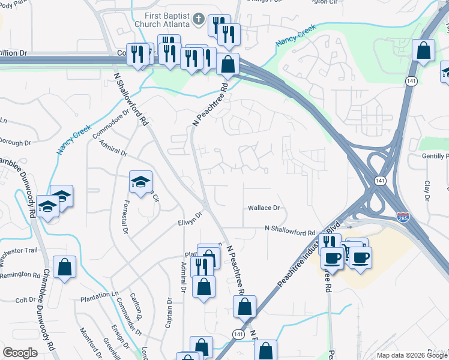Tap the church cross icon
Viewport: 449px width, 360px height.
pyautogui.click(x=199, y=19)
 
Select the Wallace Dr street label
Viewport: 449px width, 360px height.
pyautogui.click(x=264, y=208)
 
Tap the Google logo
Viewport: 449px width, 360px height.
pyautogui.click(x=20, y=353)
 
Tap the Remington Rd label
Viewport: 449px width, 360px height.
pyautogui.click(x=20, y=275)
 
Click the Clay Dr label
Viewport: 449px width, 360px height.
pyautogui.click(x=428, y=190)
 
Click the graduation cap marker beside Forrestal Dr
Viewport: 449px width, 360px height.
pyautogui.click(x=141, y=183)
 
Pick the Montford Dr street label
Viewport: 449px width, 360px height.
pyautogui.click(x=92, y=343)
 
